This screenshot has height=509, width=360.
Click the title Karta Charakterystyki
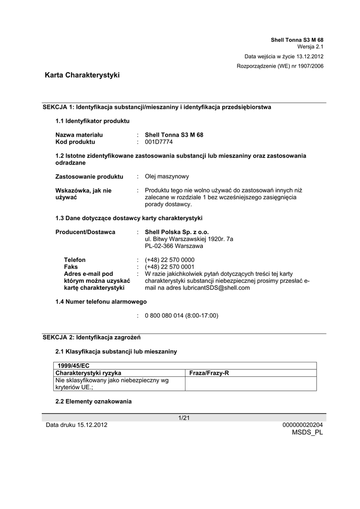(82, 75)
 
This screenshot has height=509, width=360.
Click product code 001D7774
(159, 142)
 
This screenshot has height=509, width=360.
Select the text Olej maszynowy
(167, 176)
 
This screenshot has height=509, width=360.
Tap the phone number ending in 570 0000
(170, 260)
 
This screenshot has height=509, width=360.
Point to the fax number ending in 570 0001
(170, 267)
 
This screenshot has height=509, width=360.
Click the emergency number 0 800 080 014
(181, 316)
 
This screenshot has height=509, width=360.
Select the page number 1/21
(184, 418)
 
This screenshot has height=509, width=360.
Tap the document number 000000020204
(302, 425)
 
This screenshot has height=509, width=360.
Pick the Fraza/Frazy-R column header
(209, 373)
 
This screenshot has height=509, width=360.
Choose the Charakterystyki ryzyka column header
(89, 373)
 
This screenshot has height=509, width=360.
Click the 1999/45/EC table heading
(74, 365)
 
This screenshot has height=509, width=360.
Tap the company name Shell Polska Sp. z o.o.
(177, 232)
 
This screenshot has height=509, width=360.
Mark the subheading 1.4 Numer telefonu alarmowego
(101, 302)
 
